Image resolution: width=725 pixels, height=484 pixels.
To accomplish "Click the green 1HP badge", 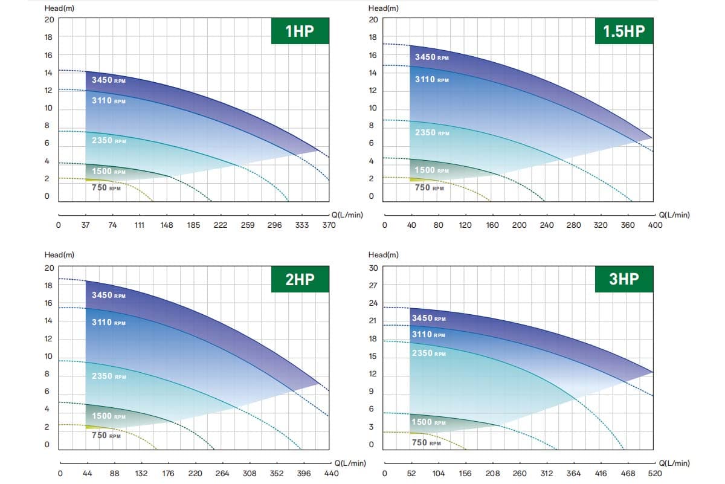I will point(300,31).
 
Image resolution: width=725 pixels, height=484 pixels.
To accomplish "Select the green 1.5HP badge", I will point(624,31).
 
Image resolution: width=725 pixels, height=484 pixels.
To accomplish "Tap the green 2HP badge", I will point(300,279).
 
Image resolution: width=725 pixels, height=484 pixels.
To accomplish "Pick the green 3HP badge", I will point(624,279).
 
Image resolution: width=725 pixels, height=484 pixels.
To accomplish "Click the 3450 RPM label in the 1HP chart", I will point(108,80).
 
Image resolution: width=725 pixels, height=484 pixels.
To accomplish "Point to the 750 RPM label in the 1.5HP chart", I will point(430,187).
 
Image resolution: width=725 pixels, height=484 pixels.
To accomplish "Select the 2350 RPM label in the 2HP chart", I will point(109,376).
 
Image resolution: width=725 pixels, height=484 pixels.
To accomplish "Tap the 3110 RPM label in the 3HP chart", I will point(428,334).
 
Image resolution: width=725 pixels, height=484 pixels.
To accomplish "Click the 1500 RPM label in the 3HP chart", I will point(428,422).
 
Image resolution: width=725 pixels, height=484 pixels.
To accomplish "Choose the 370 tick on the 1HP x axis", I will point(329,225).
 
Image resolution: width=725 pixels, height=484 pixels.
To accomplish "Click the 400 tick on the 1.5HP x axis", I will point(655,225).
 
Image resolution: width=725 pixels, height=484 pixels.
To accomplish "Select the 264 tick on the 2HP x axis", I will point(222,474).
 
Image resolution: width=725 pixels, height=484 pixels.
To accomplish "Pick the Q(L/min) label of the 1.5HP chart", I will point(674,215).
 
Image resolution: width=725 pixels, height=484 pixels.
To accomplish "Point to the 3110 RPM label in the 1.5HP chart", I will point(431,79).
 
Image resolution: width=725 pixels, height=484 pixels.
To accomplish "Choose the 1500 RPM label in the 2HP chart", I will point(109,416).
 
